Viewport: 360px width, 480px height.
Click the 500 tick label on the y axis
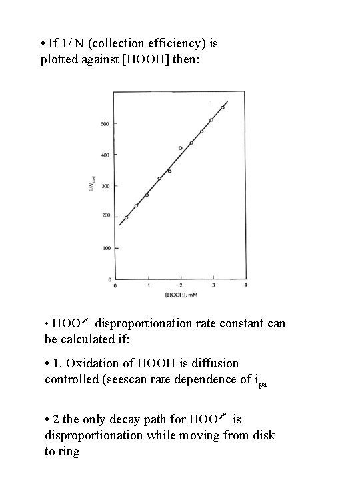point(105,123)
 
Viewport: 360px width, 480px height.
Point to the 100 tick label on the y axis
point(105,248)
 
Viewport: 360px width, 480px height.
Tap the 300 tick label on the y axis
point(105,185)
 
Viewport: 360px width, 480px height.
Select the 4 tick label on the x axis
point(246,285)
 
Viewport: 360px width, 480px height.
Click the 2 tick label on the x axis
point(181,285)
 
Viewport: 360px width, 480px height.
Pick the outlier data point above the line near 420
point(180,148)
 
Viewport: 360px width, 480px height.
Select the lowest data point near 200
point(126,217)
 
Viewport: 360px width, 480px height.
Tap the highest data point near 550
point(223,107)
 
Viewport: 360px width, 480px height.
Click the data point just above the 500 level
point(211,120)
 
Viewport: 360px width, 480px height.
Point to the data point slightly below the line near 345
point(169,171)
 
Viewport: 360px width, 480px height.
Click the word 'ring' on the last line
point(69,451)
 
